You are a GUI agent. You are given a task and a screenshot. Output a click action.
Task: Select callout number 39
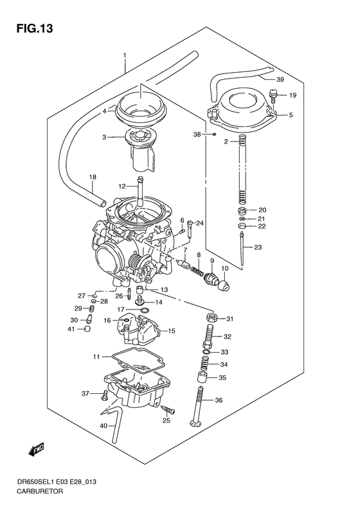click(x=280, y=80)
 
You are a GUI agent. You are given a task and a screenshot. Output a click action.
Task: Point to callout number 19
click(x=292, y=96)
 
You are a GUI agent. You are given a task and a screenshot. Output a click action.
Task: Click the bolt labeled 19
click(x=274, y=97)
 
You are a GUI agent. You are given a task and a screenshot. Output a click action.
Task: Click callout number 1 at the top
click(x=125, y=56)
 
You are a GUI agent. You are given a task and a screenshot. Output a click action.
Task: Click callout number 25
click(x=166, y=420)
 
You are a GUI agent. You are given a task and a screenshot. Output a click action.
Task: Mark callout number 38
click(x=197, y=135)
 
